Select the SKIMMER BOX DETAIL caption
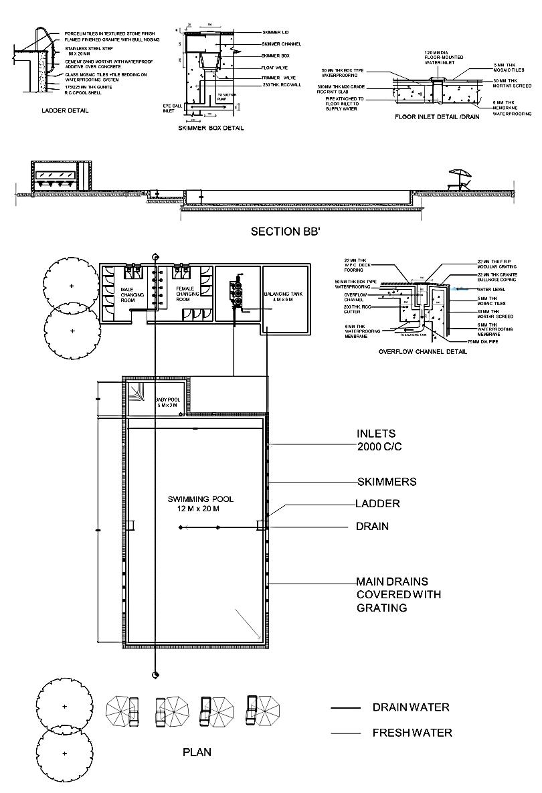[211, 127]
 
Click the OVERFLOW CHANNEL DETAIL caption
[422, 351]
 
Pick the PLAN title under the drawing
[197, 752]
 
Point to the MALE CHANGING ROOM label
[128, 295]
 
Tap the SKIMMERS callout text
[387, 482]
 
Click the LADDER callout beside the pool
[378, 504]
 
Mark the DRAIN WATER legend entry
[410, 707]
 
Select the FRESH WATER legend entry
[412, 733]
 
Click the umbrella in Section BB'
[460, 174]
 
